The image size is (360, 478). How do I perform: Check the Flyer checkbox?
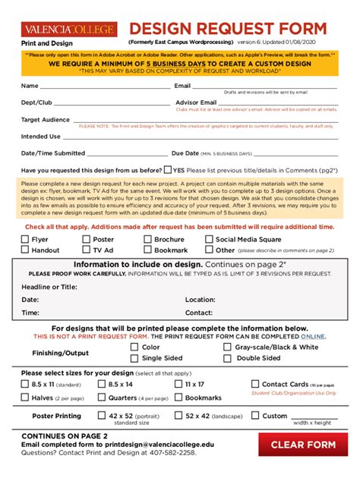pyautogui.click(x=25, y=239)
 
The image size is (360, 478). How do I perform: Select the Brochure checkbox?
pyautogui.click(x=148, y=239)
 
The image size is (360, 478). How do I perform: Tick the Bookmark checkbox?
pyautogui.click(x=148, y=250)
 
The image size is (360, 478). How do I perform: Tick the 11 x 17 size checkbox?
pyautogui.click(x=178, y=385)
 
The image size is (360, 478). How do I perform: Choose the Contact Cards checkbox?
pyautogui.click(x=254, y=385)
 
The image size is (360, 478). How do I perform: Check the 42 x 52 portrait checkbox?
pyautogui.click(x=101, y=416)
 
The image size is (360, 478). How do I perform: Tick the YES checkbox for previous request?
pyautogui.click(x=167, y=171)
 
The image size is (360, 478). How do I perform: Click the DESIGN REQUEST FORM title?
pyautogui.click(x=228, y=29)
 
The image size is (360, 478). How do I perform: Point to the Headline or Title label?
pyautogui.click(x=49, y=287)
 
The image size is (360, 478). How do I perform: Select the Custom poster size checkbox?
pyautogui.click(x=254, y=416)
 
